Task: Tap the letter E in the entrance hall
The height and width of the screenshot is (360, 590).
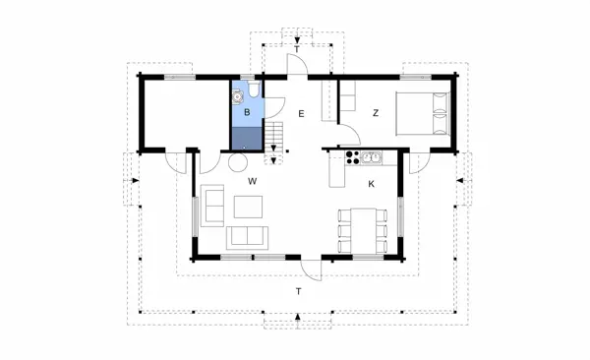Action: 302,115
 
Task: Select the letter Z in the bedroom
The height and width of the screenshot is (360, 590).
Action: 376,114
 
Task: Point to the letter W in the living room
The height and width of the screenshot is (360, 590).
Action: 253,182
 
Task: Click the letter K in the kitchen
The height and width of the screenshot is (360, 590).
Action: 372,184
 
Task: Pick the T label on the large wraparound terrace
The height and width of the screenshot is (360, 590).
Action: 298,292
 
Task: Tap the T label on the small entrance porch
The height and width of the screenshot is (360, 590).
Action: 297,46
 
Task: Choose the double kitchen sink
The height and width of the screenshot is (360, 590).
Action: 373,157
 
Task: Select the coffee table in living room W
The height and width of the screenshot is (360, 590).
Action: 249,206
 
